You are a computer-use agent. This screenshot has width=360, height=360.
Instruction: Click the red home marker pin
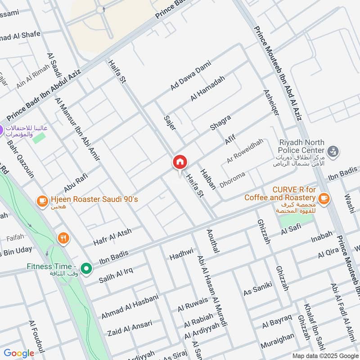pyautogui.click(x=180, y=162)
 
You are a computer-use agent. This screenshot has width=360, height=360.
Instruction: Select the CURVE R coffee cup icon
pyautogui.click(x=323, y=198)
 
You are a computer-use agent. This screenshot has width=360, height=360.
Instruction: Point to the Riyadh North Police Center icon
pyautogui.click(x=333, y=152)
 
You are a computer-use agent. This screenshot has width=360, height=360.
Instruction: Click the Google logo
pyautogui.click(x=19, y=353)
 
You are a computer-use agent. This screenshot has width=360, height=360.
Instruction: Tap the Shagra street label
pyautogui.click(x=220, y=123)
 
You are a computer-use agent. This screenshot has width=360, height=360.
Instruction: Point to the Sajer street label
pyautogui.click(x=169, y=122)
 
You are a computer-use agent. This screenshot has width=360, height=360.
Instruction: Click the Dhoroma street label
pyautogui.click(x=232, y=180)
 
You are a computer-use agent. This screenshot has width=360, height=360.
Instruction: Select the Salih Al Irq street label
pyautogui.click(x=116, y=274)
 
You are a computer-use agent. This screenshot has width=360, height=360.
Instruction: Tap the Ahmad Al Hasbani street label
pyautogui.click(x=130, y=307)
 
